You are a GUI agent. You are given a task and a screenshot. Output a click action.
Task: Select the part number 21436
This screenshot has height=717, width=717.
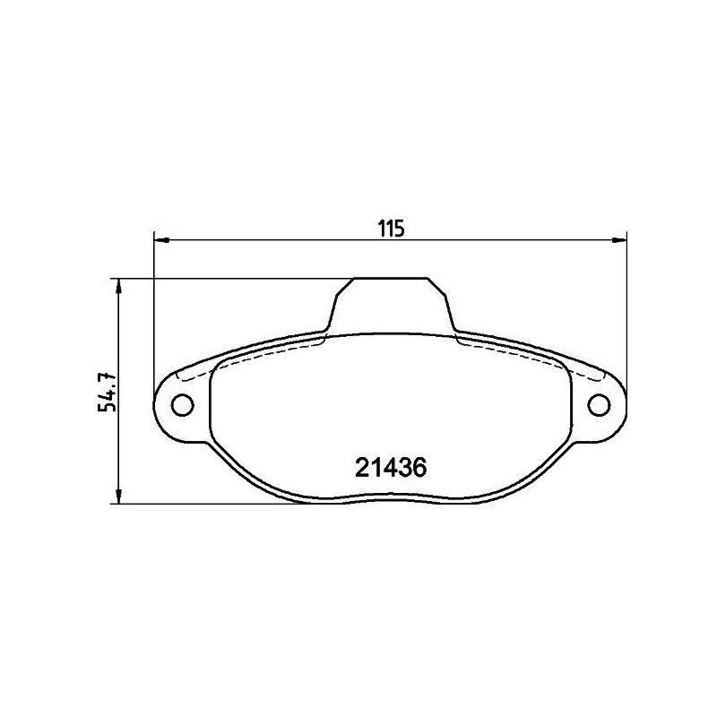point(390,467)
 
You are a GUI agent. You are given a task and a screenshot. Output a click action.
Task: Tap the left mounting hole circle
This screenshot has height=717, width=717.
point(182,405)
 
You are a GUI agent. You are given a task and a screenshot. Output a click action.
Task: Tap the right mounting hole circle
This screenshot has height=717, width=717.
point(599,405)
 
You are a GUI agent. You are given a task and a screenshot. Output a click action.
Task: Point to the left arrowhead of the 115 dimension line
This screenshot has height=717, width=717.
point(162,238)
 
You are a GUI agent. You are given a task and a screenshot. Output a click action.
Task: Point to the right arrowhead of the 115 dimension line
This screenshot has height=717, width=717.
point(618,238)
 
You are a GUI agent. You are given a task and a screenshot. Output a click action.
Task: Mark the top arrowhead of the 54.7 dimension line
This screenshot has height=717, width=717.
point(118,285)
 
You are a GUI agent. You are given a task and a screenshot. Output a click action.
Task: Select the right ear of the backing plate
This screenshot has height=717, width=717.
point(599,405)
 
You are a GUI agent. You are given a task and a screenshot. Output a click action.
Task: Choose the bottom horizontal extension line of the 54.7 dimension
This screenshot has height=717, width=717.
point(224,504)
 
